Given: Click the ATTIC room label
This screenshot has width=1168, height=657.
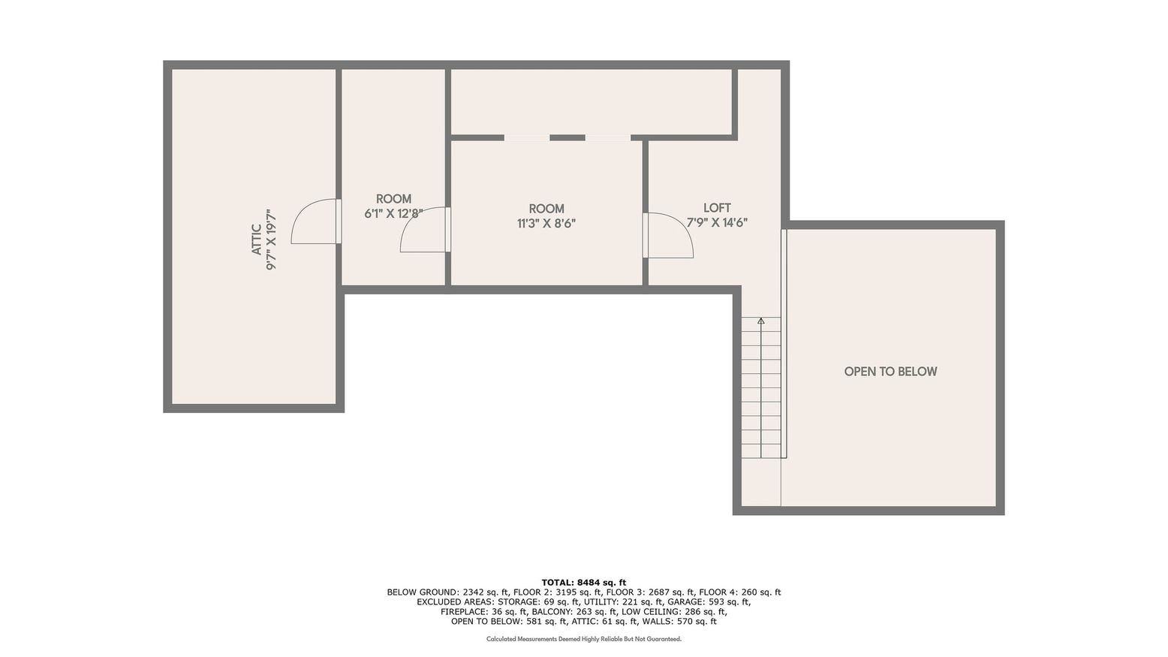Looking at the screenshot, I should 257,240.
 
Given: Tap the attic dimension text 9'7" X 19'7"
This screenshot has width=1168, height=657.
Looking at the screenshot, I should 272,240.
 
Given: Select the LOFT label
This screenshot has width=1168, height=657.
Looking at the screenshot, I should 717,208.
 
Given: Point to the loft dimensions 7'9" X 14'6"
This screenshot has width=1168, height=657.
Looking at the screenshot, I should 717,222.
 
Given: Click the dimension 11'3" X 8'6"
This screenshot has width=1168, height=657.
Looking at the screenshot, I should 546,223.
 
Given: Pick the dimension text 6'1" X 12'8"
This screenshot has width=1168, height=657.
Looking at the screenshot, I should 393,213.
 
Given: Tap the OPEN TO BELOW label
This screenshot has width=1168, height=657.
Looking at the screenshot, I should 890,372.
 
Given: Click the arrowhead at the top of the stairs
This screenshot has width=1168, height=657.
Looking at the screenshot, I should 761,321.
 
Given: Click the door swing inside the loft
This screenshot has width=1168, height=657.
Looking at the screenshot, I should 668,235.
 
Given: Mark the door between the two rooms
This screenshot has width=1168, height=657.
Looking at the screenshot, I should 424,231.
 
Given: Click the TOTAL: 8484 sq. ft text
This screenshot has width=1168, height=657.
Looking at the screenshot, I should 583,582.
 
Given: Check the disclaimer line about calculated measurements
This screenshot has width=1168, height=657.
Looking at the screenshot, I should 583,639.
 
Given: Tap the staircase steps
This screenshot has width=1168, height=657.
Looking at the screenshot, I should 761,390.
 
